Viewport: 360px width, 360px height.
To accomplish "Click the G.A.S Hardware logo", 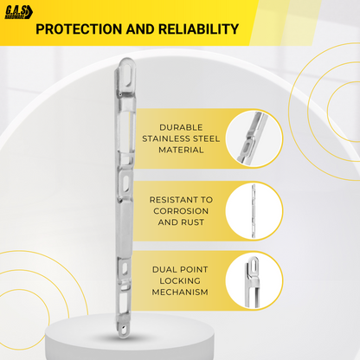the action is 19,12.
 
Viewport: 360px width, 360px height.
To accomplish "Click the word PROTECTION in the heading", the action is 79,29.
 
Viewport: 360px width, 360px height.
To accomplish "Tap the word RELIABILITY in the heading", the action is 198,29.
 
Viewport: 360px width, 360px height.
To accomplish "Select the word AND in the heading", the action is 140,29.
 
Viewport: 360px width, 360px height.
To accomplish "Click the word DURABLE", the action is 181,127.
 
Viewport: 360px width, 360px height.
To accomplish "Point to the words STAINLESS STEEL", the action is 181,138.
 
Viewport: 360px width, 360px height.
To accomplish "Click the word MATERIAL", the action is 181,150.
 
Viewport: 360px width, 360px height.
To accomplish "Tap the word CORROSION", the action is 181,211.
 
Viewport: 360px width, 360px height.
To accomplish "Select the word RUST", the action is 192,222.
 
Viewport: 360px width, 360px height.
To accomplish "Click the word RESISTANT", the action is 173,200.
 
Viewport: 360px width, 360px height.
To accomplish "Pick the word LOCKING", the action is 180,281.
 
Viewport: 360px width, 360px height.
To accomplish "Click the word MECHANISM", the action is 180,292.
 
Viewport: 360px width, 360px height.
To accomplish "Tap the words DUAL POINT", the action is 180,270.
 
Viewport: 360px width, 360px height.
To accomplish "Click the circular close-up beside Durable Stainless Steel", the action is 254,138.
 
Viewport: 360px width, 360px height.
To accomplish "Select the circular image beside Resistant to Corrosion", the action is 254,211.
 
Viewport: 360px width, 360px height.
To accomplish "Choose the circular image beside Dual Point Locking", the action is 254,281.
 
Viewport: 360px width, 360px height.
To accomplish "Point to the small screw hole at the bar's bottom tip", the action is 125,328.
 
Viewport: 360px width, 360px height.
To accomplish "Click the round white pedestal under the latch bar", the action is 130,337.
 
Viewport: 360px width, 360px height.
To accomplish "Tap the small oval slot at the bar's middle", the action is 126,183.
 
